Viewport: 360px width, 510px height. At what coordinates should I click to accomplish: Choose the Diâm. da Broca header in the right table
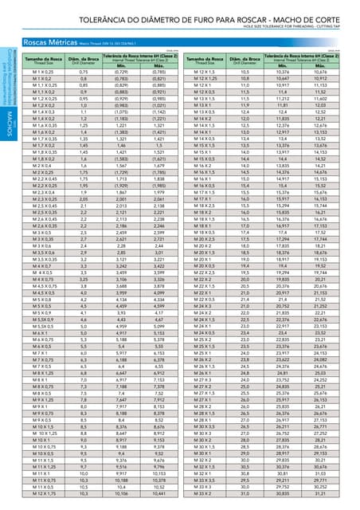(x=241, y=60)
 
